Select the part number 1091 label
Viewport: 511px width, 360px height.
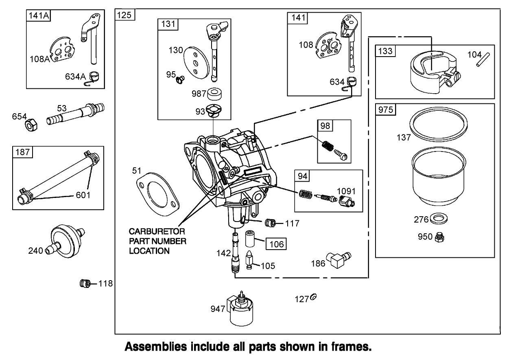(347, 191)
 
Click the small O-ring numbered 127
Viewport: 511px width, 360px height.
(313, 297)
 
